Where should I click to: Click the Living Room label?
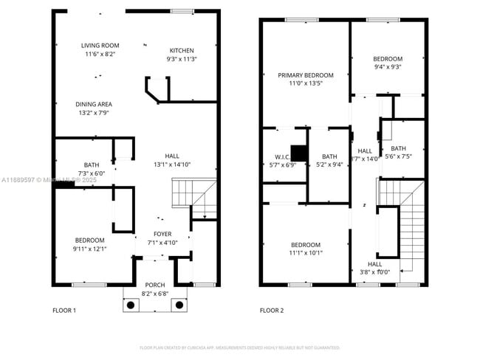pos(100,46)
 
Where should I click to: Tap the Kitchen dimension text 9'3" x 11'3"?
pos(182,59)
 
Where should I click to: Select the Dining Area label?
pos(95,104)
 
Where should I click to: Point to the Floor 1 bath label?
pos(92,165)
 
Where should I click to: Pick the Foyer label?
pos(162,234)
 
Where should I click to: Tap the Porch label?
pos(155,285)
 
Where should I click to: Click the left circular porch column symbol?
pos(132,304)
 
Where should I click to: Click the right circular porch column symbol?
pos(177,304)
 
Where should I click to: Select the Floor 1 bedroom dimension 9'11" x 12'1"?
pos(89,249)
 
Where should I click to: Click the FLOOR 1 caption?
pos(64,311)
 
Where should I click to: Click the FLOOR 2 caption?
pos(272,311)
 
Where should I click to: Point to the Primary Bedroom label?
pos(305,75)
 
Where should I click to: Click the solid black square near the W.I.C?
pos(299,153)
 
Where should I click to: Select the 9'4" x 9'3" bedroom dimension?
pos(387,67)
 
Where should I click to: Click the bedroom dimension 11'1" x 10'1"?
pos(305,253)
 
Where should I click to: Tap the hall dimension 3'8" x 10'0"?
pos(374,272)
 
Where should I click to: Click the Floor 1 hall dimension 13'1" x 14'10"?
pos(172,165)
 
